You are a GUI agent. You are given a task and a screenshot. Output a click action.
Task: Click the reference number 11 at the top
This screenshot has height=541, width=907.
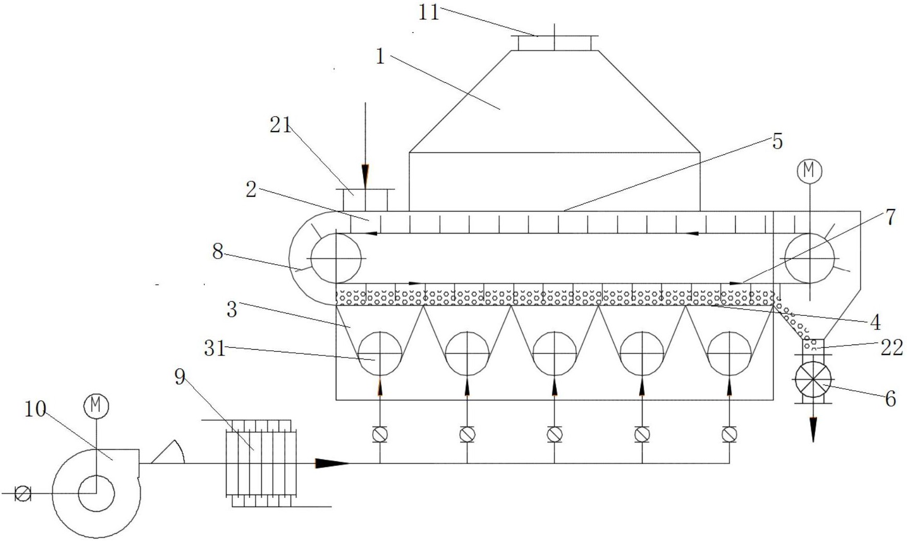(x=429, y=12)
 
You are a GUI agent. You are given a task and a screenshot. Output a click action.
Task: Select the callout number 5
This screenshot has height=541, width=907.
(x=777, y=141)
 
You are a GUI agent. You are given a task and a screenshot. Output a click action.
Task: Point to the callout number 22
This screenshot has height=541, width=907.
(x=891, y=348)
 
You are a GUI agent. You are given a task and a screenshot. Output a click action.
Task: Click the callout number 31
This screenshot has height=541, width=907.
(x=215, y=348)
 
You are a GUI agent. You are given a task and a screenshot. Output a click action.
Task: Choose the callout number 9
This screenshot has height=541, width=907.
(x=180, y=377)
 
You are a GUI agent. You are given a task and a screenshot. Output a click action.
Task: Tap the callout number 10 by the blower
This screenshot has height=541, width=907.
(x=35, y=410)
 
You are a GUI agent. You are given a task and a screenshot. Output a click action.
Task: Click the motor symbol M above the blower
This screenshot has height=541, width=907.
(x=96, y=406)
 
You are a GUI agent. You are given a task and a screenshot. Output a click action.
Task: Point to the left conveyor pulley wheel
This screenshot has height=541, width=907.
(x=336, y=257)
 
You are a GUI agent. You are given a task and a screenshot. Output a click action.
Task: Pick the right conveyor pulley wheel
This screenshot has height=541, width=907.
(x=810, y=257)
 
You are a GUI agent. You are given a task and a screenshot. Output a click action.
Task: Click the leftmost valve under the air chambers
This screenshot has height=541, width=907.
(x=380, y=434)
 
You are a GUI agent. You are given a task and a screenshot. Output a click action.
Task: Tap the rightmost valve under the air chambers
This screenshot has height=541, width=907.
(x=729, y=434)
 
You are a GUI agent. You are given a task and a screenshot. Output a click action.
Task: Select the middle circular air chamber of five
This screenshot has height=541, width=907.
(x=555, y=353)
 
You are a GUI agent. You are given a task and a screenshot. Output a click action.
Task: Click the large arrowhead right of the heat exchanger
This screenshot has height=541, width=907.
(x=331, y=463)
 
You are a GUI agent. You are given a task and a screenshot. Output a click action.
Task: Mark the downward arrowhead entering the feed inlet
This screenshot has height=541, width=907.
(x=365, y=174)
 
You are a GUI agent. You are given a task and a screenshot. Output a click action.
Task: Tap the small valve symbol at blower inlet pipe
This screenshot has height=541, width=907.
(x=22, y=493)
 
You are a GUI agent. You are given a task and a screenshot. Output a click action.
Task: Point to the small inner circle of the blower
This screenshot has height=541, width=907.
(x=96, y=493)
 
